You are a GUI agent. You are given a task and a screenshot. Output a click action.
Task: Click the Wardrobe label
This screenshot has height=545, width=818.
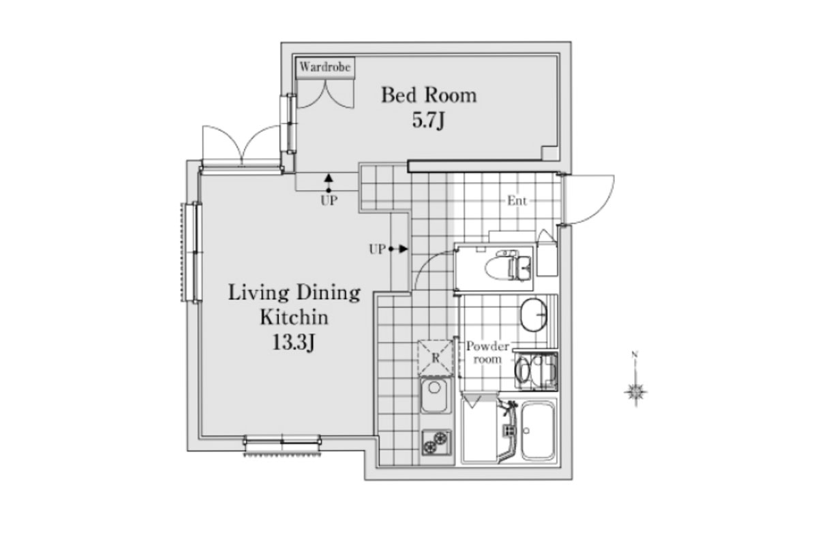[325, 67]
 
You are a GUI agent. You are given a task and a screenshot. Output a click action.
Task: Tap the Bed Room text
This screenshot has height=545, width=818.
[429, 95]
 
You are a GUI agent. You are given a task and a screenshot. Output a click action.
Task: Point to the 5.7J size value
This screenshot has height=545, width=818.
[428, 121]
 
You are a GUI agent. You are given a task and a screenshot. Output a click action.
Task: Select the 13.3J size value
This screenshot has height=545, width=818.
[294, 343]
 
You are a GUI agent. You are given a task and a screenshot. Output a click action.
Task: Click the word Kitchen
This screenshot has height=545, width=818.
[294, 317]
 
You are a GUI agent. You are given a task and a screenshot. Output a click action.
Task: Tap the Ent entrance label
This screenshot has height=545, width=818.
[517, 200]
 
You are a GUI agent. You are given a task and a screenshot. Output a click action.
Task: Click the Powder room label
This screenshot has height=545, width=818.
[487, 352]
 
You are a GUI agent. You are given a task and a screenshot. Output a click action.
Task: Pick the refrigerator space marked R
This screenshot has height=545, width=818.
[436, 358]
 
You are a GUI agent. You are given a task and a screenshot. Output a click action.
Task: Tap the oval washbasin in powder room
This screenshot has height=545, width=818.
[534, 315]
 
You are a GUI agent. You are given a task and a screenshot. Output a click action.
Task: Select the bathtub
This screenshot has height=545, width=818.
[538, 431]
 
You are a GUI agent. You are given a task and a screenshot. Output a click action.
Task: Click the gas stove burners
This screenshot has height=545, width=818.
[436, 442]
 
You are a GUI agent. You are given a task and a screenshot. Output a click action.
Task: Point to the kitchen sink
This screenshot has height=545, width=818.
[434, 395]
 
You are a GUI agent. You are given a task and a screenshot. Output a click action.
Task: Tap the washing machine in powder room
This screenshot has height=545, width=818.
[536, 370]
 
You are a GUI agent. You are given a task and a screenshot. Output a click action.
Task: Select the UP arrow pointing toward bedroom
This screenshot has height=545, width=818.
[329, 183]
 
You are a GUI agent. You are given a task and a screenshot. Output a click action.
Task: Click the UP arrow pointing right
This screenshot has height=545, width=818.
[398, 249]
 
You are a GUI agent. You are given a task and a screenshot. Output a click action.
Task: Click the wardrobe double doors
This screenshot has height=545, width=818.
[325, 94]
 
